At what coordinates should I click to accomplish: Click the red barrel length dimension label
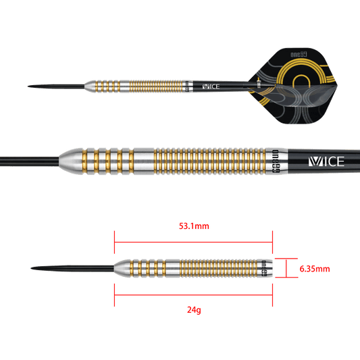pyautogui.click(x=194, y=226)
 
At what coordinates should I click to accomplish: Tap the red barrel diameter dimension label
pyautogui.click(x=314, y=269)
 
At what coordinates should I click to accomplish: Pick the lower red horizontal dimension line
pyautogui.click(x=192, y=294)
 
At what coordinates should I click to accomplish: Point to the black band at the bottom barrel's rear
pyautogui.click(x=266, y=268)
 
